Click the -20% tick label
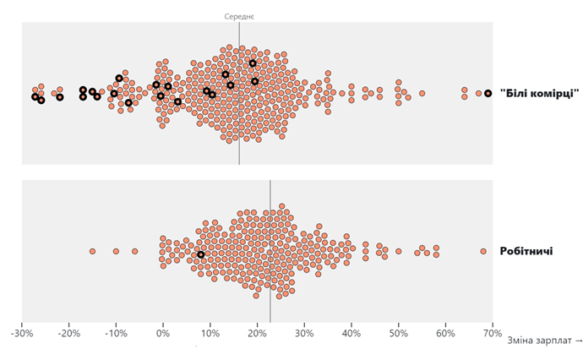pos(68,334)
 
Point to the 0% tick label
pos(162,334)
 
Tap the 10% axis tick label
pos(210,334)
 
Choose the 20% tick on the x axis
pos(256,334)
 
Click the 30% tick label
pos(303,334)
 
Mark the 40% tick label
pos(350,334)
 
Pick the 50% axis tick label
pos(397,334)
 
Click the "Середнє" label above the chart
pos(239,16)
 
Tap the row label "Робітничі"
pos(526,251)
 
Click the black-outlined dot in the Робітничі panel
pos(200,254)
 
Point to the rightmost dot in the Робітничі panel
pos(483,251)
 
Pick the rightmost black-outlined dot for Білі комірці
pos(488,93)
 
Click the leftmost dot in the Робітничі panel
pos(92,251)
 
